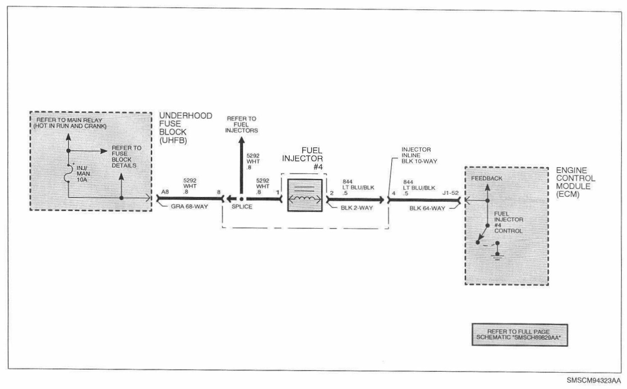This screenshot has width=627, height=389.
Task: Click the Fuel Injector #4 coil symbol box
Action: pos(305,195)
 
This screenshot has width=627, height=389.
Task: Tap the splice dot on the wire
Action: pos(241,198)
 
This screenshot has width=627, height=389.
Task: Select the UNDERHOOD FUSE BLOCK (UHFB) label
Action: pos(185,128)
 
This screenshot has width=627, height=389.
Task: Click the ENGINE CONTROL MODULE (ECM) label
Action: pos(575,182)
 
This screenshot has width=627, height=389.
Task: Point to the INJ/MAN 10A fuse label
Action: pos(83,173)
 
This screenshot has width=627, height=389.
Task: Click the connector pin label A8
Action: pos(165,192)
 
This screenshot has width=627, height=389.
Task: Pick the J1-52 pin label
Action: pos(450,193)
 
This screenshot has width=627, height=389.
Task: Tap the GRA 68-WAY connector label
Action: pos(189,207)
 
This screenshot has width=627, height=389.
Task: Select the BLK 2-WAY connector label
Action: pos(357,208)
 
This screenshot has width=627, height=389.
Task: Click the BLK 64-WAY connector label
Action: pos(427,208)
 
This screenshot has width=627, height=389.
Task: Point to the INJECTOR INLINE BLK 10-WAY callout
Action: pos(419,155)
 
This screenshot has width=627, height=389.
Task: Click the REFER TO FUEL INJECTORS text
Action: pos(241,125)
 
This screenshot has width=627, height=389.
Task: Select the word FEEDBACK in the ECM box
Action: pos(487,178)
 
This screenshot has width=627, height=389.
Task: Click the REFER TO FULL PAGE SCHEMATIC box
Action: pos(519,335)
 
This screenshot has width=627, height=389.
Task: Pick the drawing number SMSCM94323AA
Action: pos(593,381)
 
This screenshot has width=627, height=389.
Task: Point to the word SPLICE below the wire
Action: pos(242,207)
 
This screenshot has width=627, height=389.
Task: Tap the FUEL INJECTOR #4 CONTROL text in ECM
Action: pos(508,222)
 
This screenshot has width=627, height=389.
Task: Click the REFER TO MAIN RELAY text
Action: pos(69,123)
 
